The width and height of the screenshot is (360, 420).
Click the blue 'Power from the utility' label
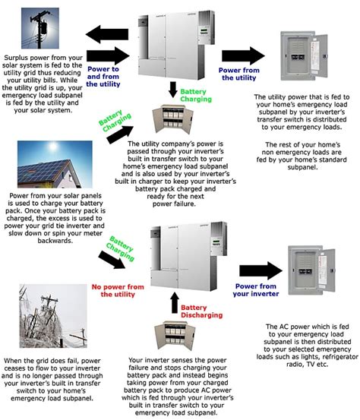click(x=240, y=74)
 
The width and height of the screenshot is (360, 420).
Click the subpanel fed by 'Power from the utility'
click(x=305, y=59)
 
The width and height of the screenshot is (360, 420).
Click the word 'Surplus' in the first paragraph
click(x=19, y=57)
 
